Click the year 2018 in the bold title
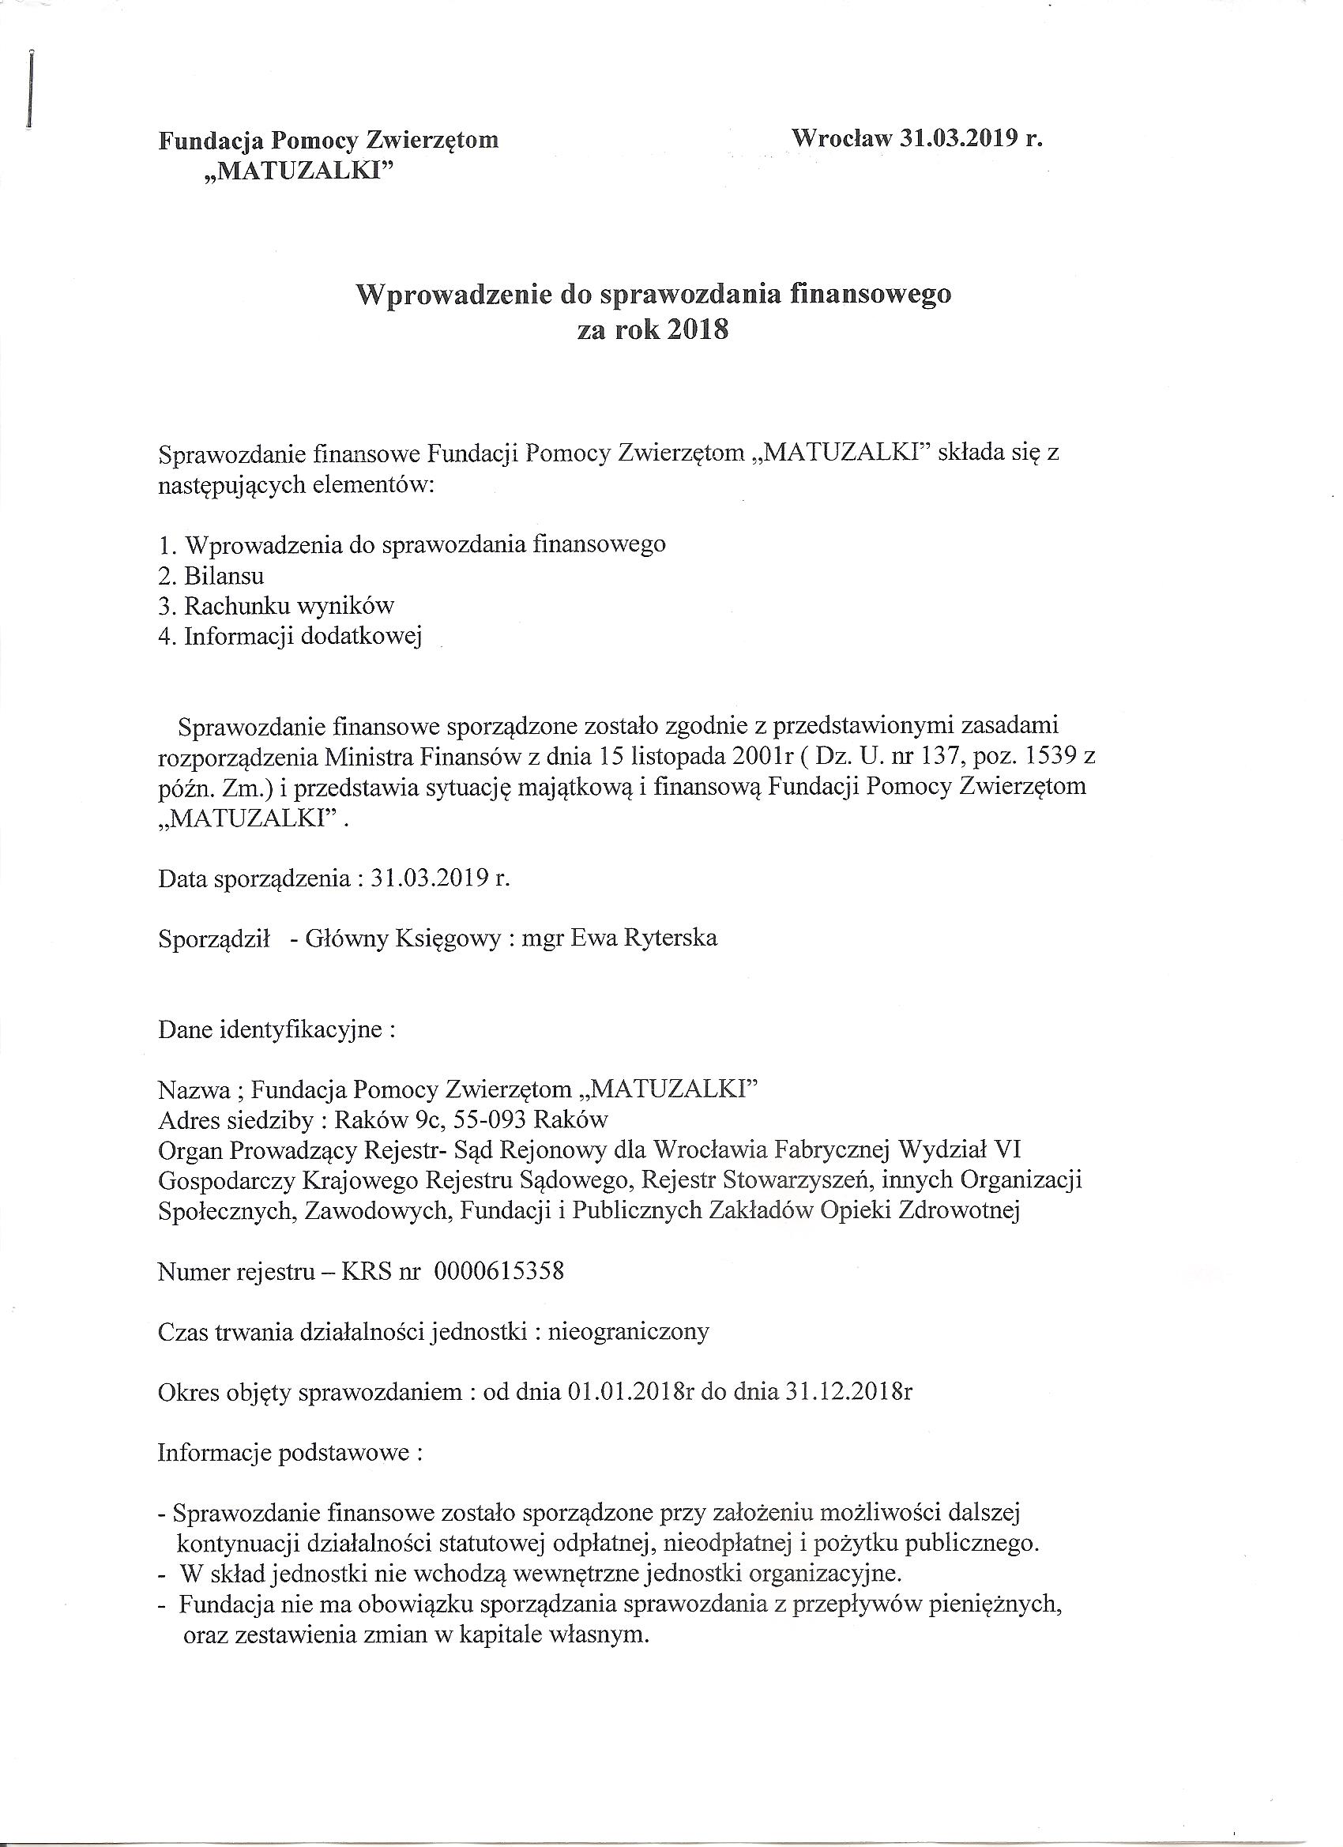697,331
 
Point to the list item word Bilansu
224,576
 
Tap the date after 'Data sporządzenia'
440,878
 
